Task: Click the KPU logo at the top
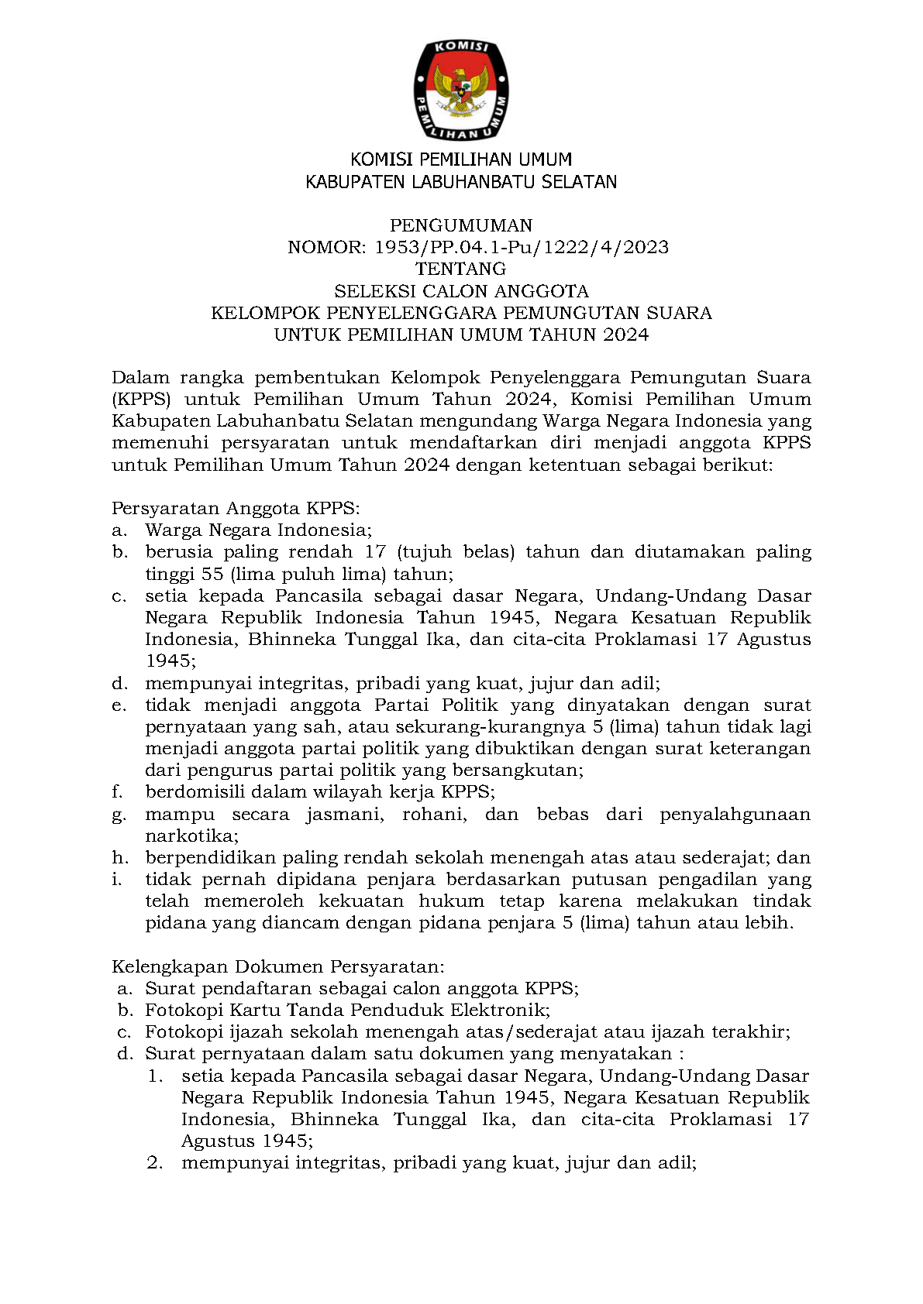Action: coord(461,91)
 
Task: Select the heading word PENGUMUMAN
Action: coord(461,225)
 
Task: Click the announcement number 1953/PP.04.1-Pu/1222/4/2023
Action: coord(522,248)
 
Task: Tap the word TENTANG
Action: coord(461,269)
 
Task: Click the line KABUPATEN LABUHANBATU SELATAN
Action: coord(461,183)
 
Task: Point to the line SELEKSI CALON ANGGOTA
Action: coord(461,291)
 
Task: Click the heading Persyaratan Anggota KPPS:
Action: coord(236,509)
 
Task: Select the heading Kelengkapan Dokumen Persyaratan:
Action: coord(278,967)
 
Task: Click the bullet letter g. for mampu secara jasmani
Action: coord(119,815)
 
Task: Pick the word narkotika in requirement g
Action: coord(190,836)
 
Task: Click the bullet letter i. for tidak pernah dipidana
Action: coord(117,880)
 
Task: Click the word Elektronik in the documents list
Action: coord(500,1011)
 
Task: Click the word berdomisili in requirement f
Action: coord(195,792)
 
